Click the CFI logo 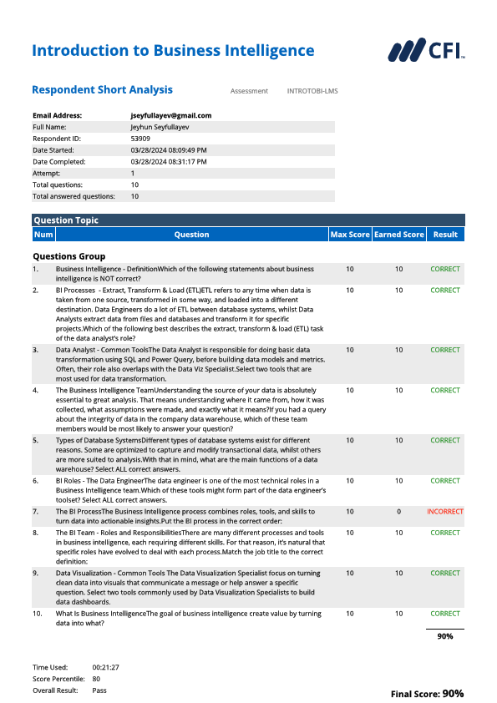point(426,50)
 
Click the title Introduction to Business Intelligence point(173,50)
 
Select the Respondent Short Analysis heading point(102,90)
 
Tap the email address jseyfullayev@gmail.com point(171,115)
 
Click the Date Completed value point(169,161)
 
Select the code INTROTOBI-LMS point(312,91)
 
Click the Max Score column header point(350,235)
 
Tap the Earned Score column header point(399,235)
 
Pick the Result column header point(445,235)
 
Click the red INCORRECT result point(445,511)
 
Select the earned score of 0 point(399,511)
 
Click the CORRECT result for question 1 point(445,269)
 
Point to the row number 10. point(37,614)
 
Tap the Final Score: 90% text point(427,694)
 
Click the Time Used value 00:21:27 point(106,668)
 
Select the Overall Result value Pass point(99,690)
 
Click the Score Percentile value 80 point(96,680)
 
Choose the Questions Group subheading point(69,255)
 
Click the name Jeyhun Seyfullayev point(160,127)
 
